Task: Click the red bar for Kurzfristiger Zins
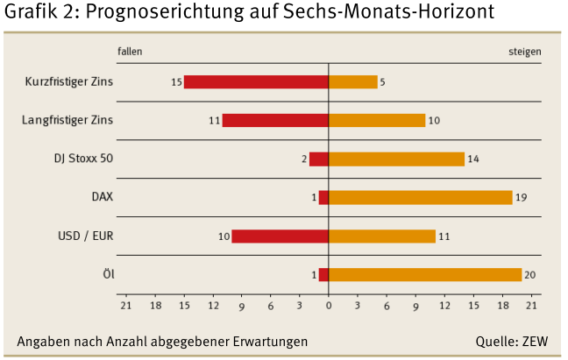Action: [x=256, y=82]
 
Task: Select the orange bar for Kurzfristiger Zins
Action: [x=353, y=82]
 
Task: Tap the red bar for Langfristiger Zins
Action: [x=275, y=121]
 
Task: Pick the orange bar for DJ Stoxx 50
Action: [x=396, y=159]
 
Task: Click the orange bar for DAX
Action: [x=420, y=198]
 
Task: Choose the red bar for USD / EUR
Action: [x=280, y=236]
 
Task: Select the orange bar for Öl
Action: [x=425, y=275]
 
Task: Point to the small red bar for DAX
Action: [x=323, y=198]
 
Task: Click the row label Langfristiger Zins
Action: [x=67, y=120]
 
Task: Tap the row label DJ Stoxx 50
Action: [x=84, y=159]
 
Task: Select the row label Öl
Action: [x=108, y=274]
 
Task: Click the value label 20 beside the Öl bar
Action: [x=529, y=275]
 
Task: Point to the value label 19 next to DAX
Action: [x=521, y=198]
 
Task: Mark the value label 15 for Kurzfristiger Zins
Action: [x=176, y=82]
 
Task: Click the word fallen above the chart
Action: [x=130, y=52]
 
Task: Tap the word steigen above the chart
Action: [x=524, y=52]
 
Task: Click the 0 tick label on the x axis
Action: [x=329, y=306]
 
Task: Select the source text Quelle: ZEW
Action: [x=511, y=341]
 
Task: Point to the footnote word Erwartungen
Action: [x=272, y=341]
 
